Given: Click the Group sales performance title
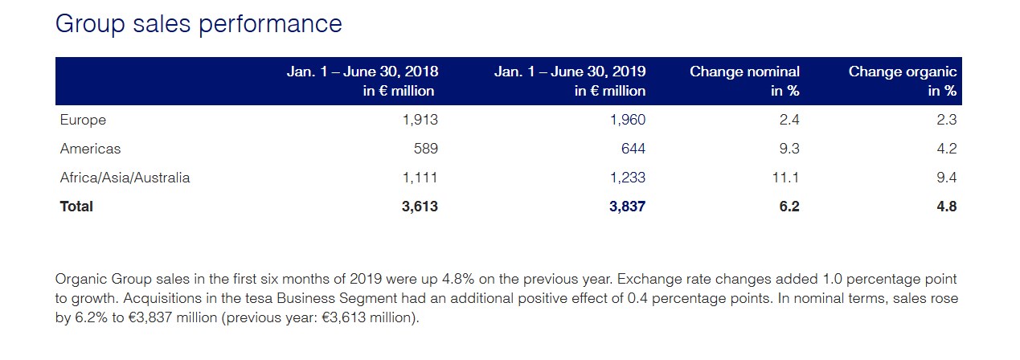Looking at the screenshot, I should (x=198, y=24).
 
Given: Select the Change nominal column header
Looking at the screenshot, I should (x=744, y=80).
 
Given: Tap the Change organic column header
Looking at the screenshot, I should (x=903, y=80).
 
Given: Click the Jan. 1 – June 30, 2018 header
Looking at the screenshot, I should (x=362, y=80).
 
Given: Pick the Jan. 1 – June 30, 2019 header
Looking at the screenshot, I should (x=570, y=80).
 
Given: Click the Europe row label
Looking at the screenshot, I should (x=83, y=121).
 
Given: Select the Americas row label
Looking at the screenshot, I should (x=90, y=149).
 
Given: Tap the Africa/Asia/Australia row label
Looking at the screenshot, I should (x=125, y=178).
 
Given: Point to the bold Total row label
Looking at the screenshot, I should (x=76, y=207).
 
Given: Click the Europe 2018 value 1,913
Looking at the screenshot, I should (x=420, y=121).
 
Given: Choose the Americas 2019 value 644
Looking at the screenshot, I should (x=633, y=149).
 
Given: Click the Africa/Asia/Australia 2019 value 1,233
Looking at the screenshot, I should (x=628, y=178).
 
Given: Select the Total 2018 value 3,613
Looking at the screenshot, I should (x=420, y=207).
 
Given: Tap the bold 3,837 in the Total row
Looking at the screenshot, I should (x=627, y=207).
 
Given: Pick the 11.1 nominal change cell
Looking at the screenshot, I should (x=785, y=178).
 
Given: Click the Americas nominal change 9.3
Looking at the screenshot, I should (x=789, y=149).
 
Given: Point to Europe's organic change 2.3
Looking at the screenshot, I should (x=947, y=121).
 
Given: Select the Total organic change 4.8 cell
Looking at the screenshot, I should (x=947, y=207).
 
